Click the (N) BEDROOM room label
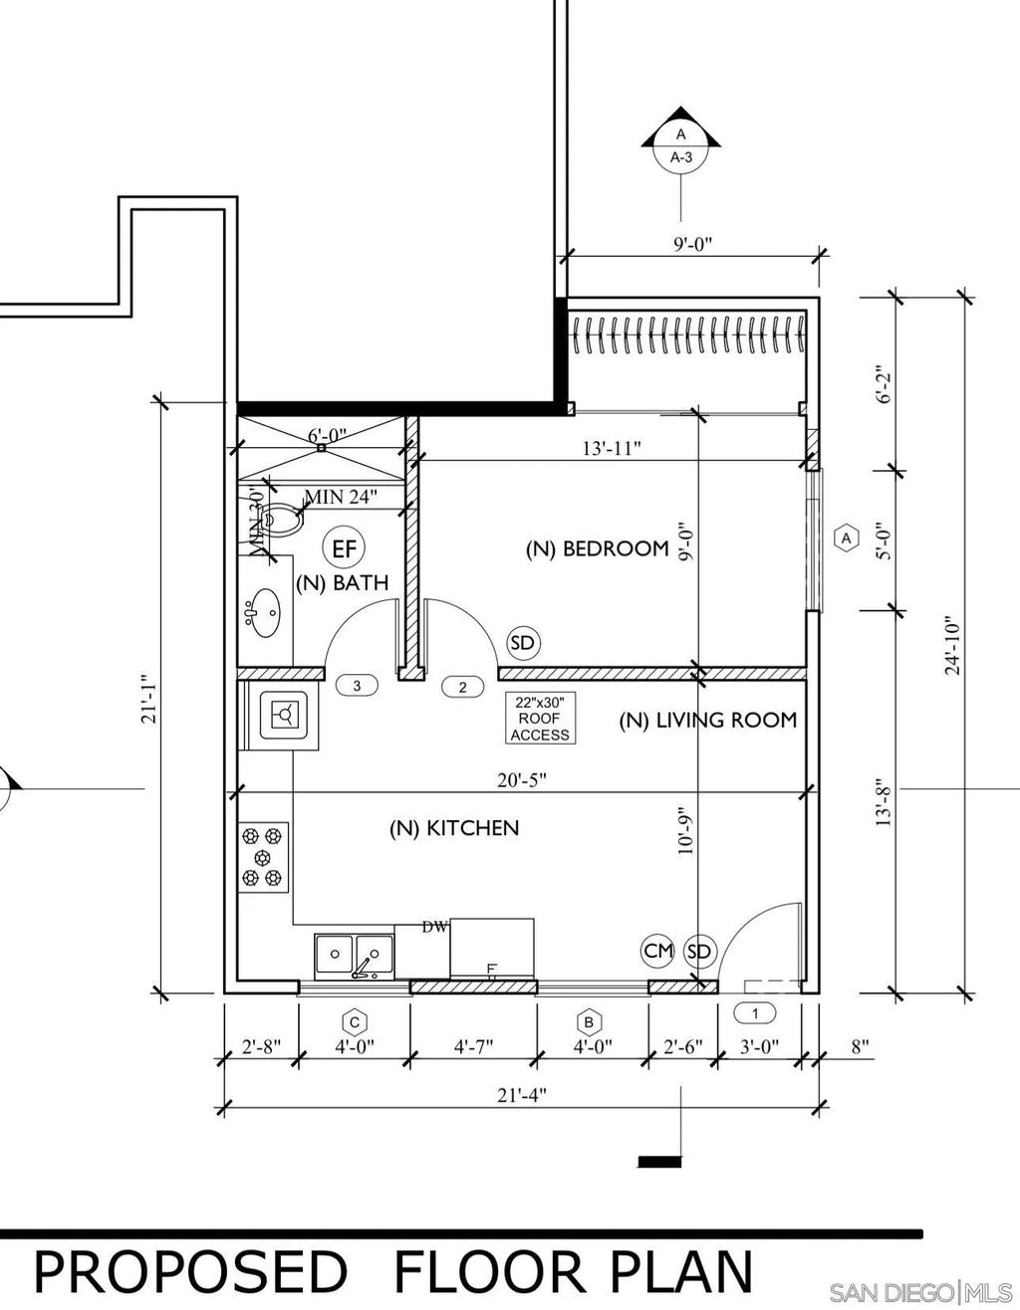[598, 548]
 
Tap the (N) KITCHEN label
[454, 828]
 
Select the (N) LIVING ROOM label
[708, 720]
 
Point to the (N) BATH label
[342, 582]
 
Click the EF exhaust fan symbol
[345, 548]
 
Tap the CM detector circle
[657, 952]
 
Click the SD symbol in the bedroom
[522, 643]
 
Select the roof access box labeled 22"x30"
[541, 718]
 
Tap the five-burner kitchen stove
[264, 857]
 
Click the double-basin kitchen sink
[354, 957]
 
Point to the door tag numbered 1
[755, 1013]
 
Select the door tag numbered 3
[357, 686]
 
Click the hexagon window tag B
[590, 1022]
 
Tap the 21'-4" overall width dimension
[521, 1095]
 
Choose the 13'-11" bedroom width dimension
[611, 449]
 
